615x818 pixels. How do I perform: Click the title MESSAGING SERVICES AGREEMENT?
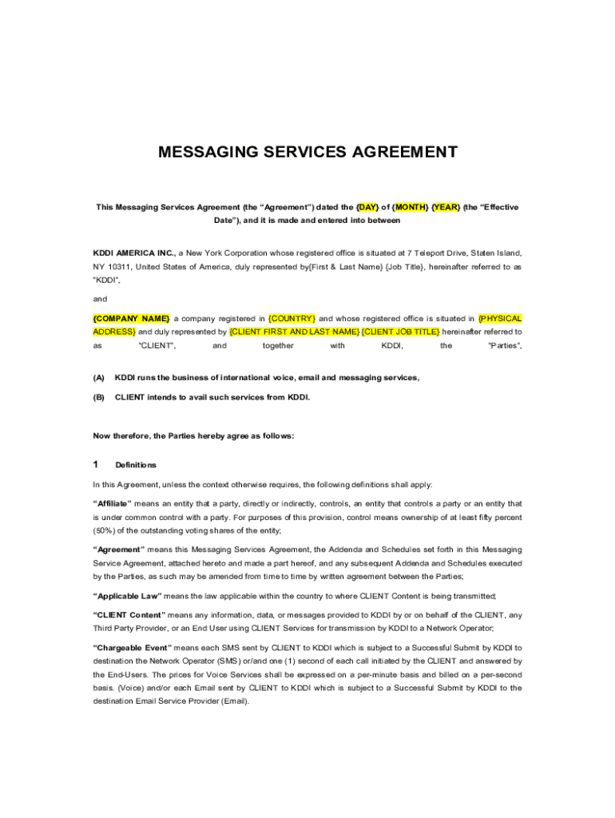(307, 152)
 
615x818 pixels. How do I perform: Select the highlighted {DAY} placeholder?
(369, 207)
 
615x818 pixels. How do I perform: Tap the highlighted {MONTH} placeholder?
(410, 207)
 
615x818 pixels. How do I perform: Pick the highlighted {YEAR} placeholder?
(446, 207)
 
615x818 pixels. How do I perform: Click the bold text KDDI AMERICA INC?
(133, 252)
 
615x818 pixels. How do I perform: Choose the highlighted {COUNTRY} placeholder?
(292, 318)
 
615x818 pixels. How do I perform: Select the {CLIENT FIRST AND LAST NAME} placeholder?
(294, 332)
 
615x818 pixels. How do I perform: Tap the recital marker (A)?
(99, 377)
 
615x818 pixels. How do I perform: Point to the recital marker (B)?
(99, 396)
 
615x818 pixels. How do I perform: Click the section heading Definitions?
(136, 465)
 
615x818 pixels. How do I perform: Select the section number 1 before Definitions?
(96, 464)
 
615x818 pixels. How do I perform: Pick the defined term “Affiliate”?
(113, 504)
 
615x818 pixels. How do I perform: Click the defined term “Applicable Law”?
(128, 595)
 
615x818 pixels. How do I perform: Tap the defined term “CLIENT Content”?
(129, 614)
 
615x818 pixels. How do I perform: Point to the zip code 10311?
(122, 266)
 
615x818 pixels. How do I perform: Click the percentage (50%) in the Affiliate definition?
(107, 530)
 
